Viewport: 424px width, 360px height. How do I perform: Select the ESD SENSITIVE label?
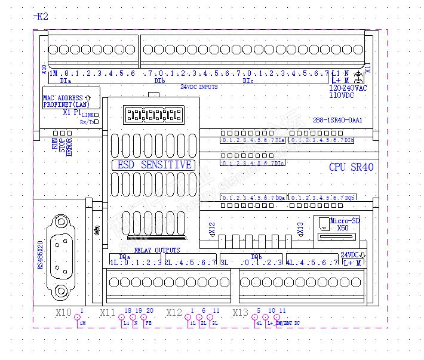coord(153,165)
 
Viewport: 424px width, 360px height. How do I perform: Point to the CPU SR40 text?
coord(351,167)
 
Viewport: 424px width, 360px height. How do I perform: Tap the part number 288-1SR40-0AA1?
coord(338,120)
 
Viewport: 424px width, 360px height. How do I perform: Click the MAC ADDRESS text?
coord(63,97)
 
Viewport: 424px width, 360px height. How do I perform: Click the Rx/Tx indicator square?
coord(96,122)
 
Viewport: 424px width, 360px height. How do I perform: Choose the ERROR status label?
coord(69,147)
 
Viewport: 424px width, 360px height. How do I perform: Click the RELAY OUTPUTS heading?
coord(157,250)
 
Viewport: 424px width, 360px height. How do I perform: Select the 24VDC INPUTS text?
coord(199,87)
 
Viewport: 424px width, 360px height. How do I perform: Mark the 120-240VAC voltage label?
coord(348,87)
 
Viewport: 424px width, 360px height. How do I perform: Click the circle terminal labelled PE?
coord(143,317)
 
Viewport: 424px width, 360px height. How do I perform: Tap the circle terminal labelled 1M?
coord(77,317)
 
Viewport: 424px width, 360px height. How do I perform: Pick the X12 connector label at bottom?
coord(174,312)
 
